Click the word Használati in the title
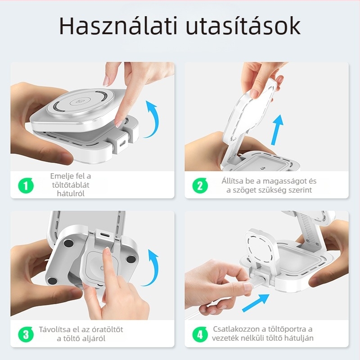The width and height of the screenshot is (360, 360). [x=117, y=27]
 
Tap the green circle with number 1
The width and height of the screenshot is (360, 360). [x=26, y=185]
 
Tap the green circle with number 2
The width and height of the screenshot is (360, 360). [x=200, y=185]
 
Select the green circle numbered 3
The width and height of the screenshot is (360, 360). [x=26, y=334]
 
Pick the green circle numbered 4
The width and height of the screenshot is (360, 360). [x=200, y=334]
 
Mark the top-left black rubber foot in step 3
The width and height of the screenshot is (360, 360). [x=68, y=243]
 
